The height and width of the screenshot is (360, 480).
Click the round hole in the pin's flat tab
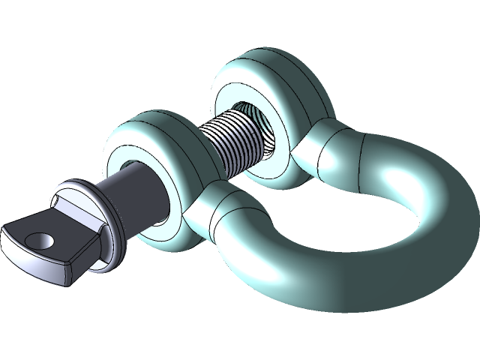click(x=38, y=240)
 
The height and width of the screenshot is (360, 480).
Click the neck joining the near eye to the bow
click(x=225, y=210)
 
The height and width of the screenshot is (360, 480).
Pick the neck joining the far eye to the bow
click(x=330, y=150)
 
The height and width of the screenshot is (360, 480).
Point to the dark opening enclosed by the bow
click(x=337, y=225)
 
